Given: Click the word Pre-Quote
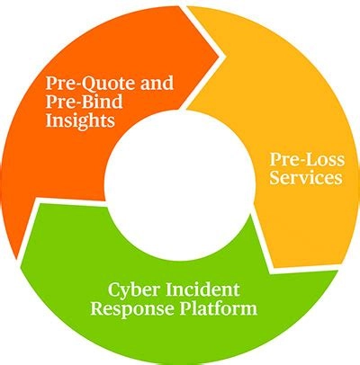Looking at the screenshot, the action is click(91, 84).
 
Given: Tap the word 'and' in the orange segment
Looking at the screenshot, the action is click(157, 83).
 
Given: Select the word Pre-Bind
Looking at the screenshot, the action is click(85, 102).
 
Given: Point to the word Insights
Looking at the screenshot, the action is click(80, 120).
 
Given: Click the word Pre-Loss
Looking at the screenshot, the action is click(307, 159).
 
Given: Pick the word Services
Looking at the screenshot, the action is click(306, 177).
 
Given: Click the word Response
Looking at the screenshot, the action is click(132, 309).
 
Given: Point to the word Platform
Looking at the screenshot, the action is click(219, 307).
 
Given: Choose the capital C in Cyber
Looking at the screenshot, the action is click(114, 289).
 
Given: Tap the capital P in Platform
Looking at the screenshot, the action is click(185, 308).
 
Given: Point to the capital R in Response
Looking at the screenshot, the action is click(97, 308).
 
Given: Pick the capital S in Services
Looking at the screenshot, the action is click(274, 178).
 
